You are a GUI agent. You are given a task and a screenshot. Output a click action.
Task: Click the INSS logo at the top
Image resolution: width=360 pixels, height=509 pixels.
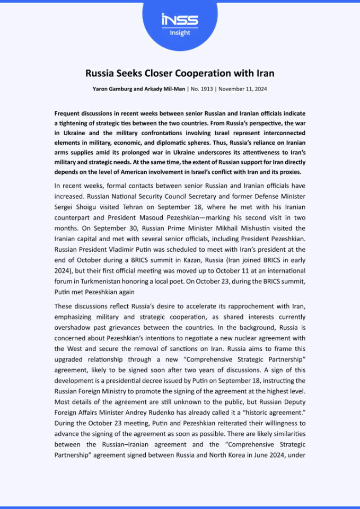click(180, 20)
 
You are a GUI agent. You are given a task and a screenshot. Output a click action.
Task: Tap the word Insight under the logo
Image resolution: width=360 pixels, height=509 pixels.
click(180, 33)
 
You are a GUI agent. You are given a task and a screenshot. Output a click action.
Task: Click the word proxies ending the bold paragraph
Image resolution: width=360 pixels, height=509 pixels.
click(287, 172)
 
